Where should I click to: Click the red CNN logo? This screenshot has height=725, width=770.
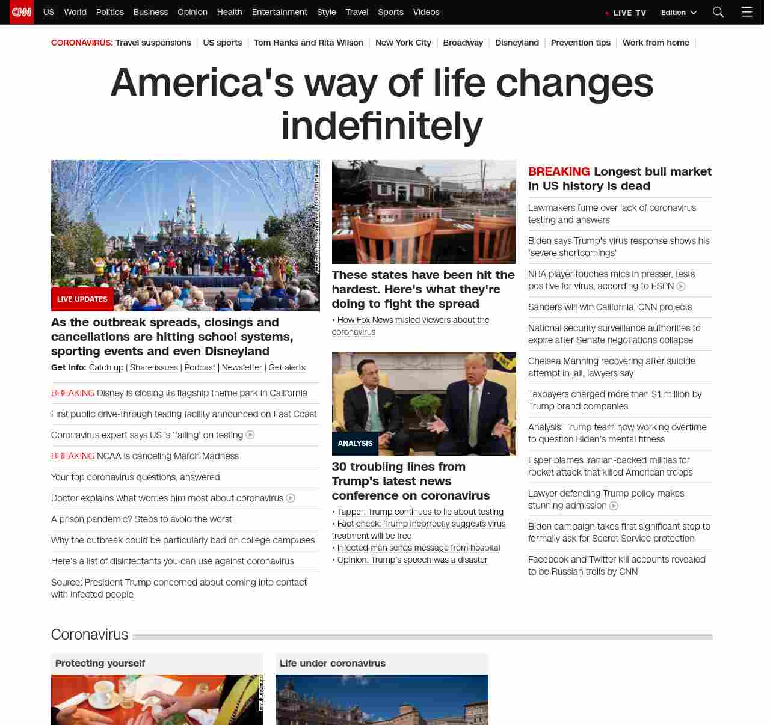click(22, 12)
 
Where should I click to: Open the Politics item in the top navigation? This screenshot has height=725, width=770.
click(109, 12)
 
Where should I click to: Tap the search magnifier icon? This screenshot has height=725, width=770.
click(718, 12)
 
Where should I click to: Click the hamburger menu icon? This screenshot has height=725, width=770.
click(747, 12)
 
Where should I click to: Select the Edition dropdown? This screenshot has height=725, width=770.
click(679, 13)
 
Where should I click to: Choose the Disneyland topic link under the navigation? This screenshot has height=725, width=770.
click(517, 43)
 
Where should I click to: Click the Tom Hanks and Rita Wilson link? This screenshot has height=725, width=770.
click(309, 43)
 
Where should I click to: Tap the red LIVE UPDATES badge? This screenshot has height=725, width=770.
click(82, 299)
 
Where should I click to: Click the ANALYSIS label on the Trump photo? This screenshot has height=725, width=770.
click(355, 443)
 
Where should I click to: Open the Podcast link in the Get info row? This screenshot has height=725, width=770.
click(200, 367)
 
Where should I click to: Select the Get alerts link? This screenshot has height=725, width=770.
click(287, 367)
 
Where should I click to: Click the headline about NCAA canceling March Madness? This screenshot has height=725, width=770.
click(167, 456)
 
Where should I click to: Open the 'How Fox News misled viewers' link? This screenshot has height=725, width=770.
click(413, 320)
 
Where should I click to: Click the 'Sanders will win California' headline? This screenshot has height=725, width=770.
click(610, 307)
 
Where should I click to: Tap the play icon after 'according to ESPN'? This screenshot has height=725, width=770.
click(681, 287)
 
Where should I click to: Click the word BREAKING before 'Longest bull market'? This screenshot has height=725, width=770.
click(559, 171)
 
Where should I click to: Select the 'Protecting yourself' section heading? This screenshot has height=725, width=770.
click(100, 663)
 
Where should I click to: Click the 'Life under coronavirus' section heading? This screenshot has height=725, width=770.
click(333, 663)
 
